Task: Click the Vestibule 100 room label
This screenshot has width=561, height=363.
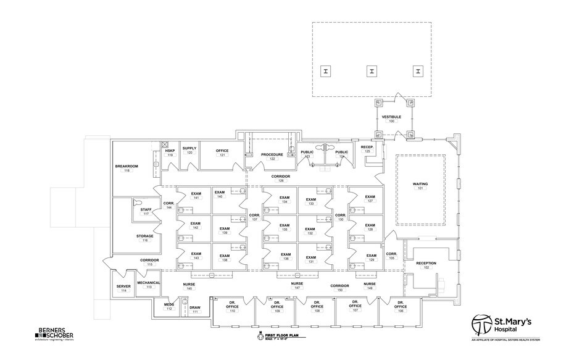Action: (391, 119)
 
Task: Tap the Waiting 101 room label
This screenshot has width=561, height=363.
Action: (420, 186)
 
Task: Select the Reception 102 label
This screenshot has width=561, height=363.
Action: (426, 265)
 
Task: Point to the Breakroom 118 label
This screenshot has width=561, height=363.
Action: (127, 169)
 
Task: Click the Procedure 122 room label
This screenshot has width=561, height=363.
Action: (272, 156)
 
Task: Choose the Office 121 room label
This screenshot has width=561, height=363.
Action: (222, 152)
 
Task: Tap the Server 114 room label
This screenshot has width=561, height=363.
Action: (123, 288)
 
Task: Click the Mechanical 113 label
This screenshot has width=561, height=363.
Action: (149, 285)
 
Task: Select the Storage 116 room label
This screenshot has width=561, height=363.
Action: (145, 238)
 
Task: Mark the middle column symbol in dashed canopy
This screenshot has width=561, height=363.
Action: (372, 72)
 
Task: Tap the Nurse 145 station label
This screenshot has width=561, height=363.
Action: (189, 286)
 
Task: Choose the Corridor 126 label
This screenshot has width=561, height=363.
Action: (281, 178)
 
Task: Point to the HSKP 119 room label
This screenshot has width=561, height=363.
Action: (170, 152)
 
